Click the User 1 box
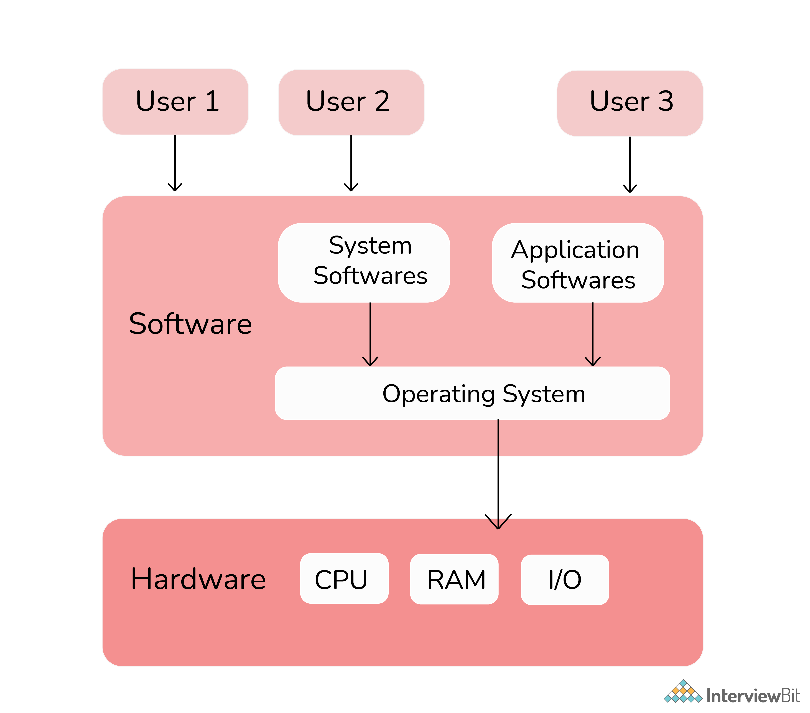175,102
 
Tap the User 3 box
630,103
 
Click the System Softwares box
364,262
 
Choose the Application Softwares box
578,262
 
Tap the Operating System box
472,393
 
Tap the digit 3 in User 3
666,101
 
